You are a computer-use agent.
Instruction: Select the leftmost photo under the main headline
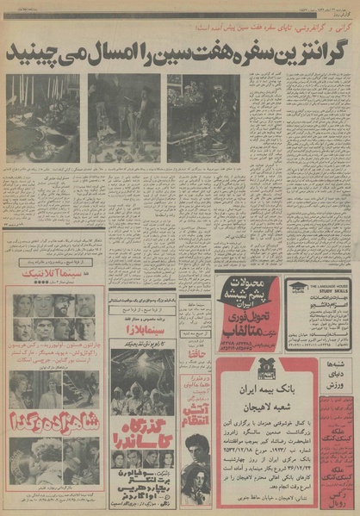pyautogui.click(x=42, y=117)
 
